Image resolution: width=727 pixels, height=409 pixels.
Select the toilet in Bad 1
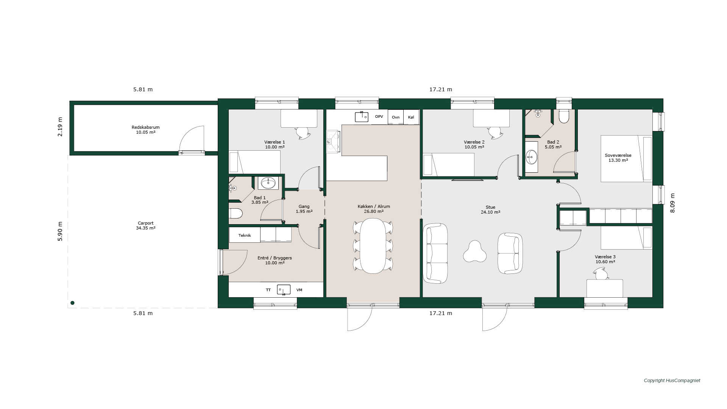[236, 214]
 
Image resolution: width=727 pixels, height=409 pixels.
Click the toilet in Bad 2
[564, 116]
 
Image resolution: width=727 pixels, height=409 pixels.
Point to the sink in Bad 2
[532, 157]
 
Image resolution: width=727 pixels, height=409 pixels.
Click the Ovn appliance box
[396, 117]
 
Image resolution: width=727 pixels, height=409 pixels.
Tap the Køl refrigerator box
[411, 117]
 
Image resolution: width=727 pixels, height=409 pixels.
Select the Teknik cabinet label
[245, 235]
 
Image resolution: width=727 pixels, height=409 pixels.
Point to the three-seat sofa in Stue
[435, 253]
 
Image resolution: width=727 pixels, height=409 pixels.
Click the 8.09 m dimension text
[672, 203]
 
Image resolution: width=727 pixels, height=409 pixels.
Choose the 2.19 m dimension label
[60, 126]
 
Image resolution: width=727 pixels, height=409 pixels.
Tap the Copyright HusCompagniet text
[672, 381]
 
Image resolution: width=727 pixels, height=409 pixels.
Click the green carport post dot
[72, 303]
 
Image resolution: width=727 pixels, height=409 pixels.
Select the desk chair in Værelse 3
[601, 273]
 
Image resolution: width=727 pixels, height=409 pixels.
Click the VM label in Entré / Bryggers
[299, 290]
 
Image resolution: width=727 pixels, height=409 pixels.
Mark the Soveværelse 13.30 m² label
[618, 158]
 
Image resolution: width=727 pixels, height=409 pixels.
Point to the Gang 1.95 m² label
[304, 209]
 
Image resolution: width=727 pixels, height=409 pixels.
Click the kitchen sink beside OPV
[362, 117]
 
